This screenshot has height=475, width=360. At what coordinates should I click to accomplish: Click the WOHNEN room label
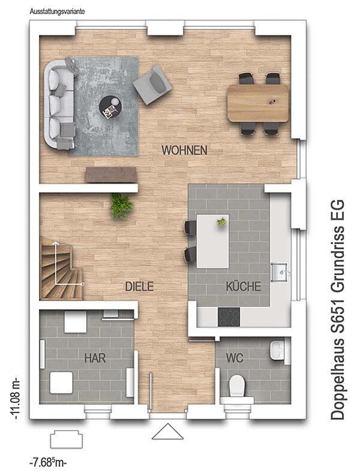(184, 150)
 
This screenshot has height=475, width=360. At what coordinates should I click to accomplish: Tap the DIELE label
(140, 286)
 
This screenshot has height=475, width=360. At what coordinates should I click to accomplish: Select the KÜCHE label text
(244, 286)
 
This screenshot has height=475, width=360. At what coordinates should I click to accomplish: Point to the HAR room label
(95, 358)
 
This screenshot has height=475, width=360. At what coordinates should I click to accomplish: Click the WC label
(235, 358)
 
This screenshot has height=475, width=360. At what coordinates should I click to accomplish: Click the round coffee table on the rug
(110, 107)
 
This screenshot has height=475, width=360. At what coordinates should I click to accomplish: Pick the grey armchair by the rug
(152, 85)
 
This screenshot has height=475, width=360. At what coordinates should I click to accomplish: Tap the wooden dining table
(258, 103)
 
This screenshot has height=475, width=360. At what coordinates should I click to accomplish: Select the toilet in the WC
(237, 387)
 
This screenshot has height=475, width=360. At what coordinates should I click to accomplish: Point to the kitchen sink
(279, 272)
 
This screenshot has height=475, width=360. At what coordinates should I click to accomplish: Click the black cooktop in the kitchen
(229, 317)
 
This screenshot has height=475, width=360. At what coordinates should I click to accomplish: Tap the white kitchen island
(212, 241)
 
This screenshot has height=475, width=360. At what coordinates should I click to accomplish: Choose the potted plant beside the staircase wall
(121, 206)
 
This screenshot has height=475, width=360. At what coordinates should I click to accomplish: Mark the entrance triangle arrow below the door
(167, 432)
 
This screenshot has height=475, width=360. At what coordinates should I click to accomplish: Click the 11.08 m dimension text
(14, 398)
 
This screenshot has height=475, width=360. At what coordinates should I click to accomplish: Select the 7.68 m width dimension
(48, 463)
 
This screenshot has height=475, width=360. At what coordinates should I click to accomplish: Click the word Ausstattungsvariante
(57, 12)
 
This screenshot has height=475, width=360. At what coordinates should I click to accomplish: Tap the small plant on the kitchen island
(221, 222)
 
